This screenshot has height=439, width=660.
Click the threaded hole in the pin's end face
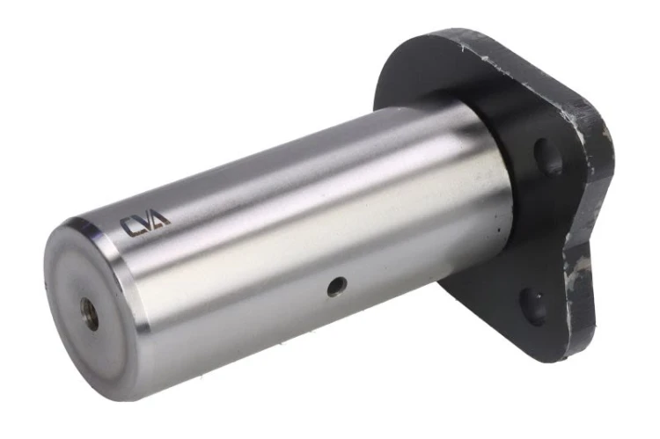pos(90,314)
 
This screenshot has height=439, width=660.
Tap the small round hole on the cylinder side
pos(337,287)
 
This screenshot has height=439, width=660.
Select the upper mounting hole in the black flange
pos(547,156)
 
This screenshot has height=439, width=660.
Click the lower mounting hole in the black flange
pos(533,307)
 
